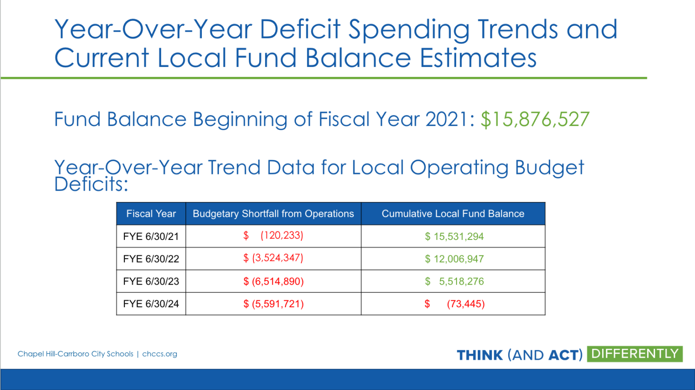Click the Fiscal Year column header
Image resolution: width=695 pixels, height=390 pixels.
151,214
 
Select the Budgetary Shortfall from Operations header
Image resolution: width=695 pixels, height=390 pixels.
273,214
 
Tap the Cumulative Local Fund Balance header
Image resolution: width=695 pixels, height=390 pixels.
453,214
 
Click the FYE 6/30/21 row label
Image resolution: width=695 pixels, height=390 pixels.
151,236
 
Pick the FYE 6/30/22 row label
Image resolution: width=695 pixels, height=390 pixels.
151,258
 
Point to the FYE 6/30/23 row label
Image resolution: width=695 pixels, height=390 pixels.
151,281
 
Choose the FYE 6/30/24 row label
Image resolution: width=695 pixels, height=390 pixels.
151,304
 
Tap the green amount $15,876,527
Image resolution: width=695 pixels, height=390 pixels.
535,119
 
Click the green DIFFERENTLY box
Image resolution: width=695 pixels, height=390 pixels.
635,354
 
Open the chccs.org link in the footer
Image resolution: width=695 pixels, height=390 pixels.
159,354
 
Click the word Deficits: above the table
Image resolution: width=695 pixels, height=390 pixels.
91,184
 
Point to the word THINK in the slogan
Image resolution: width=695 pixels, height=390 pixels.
480,355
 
